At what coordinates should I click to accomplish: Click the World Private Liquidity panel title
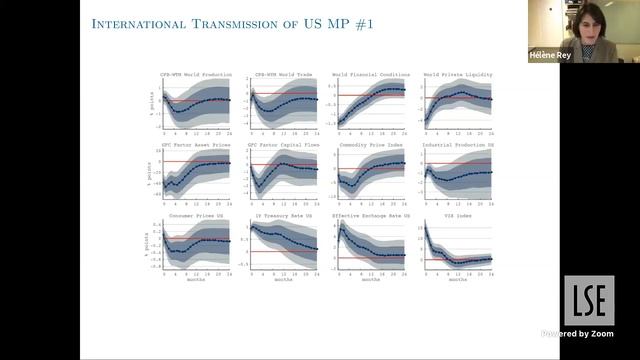tap(456, 74)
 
